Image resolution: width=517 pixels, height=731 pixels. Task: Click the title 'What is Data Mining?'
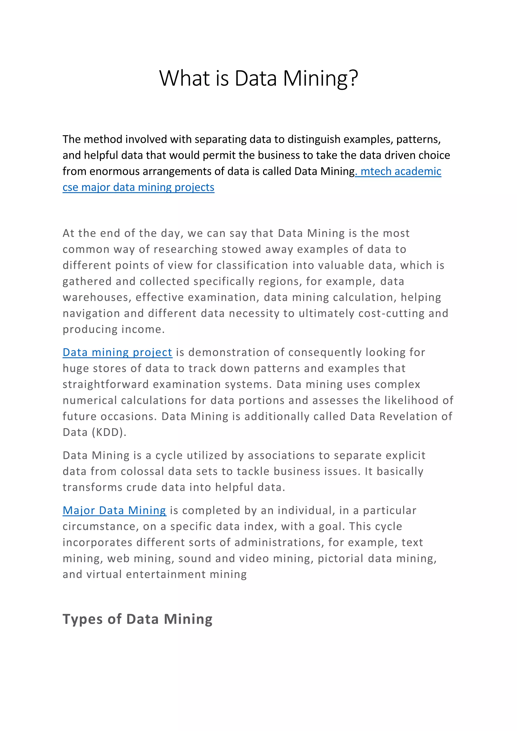coord(258,78)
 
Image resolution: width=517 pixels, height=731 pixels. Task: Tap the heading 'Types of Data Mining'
coord(137,619)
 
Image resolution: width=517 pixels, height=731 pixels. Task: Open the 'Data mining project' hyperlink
coord(117,352)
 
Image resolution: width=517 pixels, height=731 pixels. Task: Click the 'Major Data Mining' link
coord(114,510)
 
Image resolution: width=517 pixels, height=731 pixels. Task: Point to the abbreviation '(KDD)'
coord(109,432)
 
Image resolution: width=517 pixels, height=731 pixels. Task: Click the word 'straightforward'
coord(105,384)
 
